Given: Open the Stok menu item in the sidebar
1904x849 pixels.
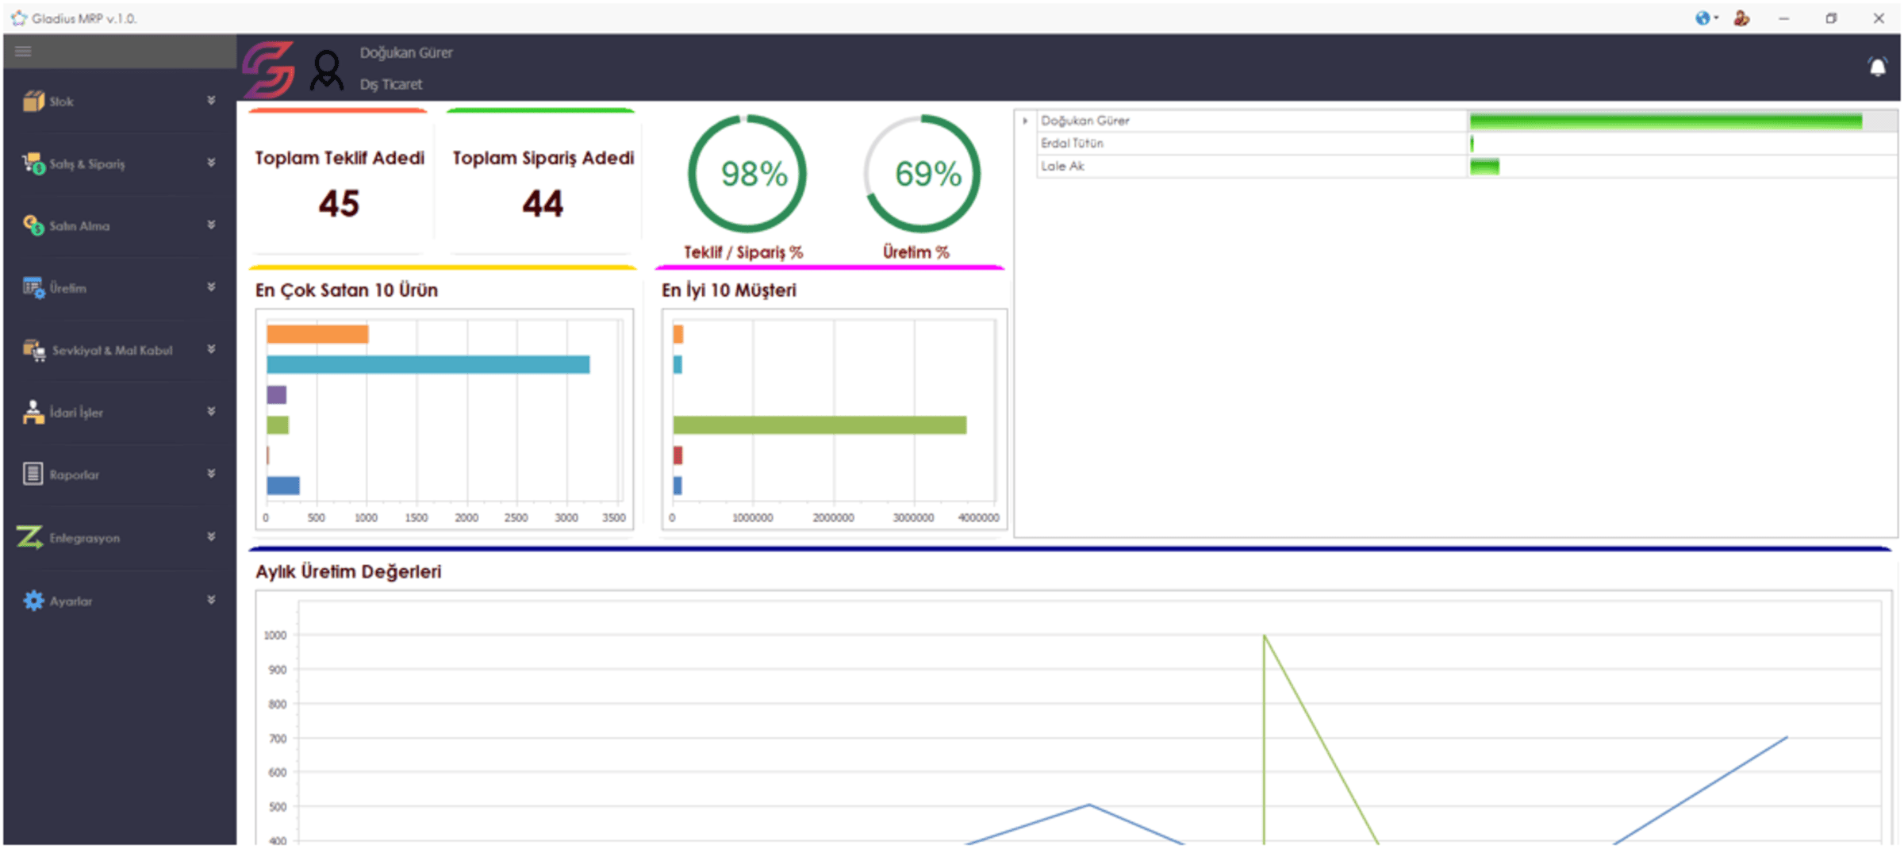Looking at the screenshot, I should pos(61,102).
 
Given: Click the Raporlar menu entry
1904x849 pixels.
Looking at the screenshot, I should pos(74,474).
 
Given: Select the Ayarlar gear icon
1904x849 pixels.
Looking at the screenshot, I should pos(33,601).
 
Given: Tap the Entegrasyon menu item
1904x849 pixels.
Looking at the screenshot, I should pos(84,538).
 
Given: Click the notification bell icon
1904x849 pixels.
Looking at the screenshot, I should pos(1877,67).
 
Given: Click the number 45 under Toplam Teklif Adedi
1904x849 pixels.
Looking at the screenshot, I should pos(339,204).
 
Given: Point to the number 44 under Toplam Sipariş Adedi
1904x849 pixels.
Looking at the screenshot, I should pos(543,204).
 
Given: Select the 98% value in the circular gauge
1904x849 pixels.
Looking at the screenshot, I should pos(754,174).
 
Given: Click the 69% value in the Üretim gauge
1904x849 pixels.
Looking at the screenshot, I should pos(927,174).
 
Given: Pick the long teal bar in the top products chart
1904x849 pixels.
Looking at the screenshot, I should pos(428,364).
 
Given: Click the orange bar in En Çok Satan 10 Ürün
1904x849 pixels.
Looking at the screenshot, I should pos(317,334).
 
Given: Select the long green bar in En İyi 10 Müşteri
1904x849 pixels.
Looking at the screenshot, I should pos(820,425).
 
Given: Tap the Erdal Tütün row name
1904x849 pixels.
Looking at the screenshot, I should pos(1072,144).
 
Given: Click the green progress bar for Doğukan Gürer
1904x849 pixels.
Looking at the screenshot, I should pos(1665,121).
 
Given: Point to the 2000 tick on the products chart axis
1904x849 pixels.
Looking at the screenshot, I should pos(466,518).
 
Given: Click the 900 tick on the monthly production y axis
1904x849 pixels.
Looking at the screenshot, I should pos(277,670).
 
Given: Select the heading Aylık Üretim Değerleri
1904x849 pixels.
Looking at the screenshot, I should pos(348,571).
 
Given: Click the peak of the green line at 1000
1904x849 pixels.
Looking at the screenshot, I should pos(1264,636).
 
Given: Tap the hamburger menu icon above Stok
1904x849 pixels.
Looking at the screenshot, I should pos(23,52).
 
